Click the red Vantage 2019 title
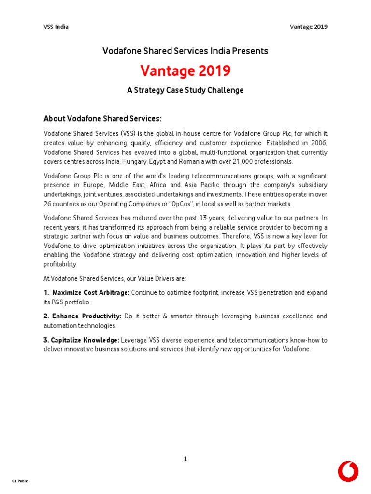[x=185, y=71]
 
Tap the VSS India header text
[x=56, y=27]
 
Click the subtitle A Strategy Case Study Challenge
[x=185, y=90]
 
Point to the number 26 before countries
[x=48, y=204]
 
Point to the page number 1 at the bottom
[x=185, y=459]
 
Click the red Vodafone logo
[x=348, y=471]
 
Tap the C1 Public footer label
[x=20, y=481]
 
